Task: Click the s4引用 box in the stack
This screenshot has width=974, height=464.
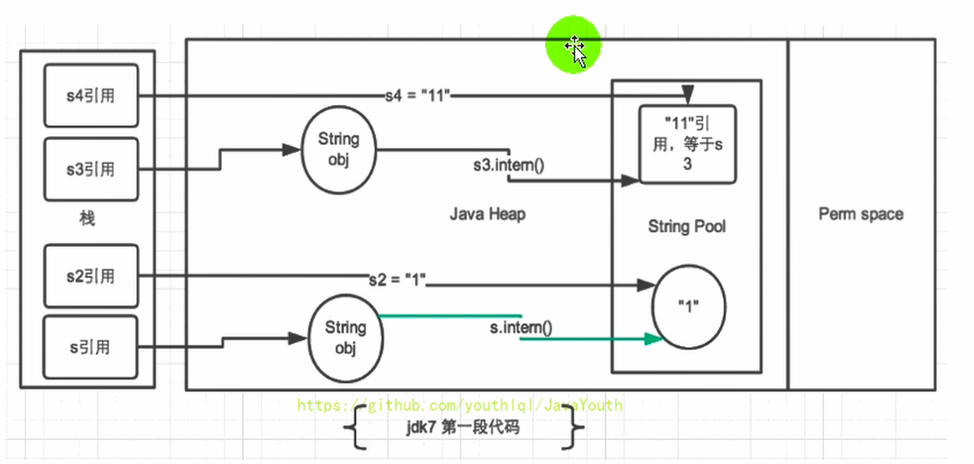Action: pos(90,97)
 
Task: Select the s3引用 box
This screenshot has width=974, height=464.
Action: pos(90,170)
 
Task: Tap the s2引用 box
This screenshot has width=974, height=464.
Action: pos(90,275)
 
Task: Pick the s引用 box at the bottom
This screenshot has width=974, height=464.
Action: pos(90,347)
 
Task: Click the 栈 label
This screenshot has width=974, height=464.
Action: pos(87,219)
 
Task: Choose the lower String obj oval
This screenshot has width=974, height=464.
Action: pos(345,339)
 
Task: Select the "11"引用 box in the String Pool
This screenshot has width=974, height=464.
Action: pos(687,143)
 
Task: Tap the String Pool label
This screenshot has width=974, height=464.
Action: pos(686,226)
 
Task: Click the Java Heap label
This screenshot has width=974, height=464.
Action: pos(487,214)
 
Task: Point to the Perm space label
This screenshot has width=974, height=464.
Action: pos(861,214)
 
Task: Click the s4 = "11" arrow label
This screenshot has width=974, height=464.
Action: pos(418,95)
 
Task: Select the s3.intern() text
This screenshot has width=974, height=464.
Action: pos(509,165)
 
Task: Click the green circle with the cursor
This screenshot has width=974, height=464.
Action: pos(574,48)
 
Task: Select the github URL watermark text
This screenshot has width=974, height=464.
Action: pos(460,405)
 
